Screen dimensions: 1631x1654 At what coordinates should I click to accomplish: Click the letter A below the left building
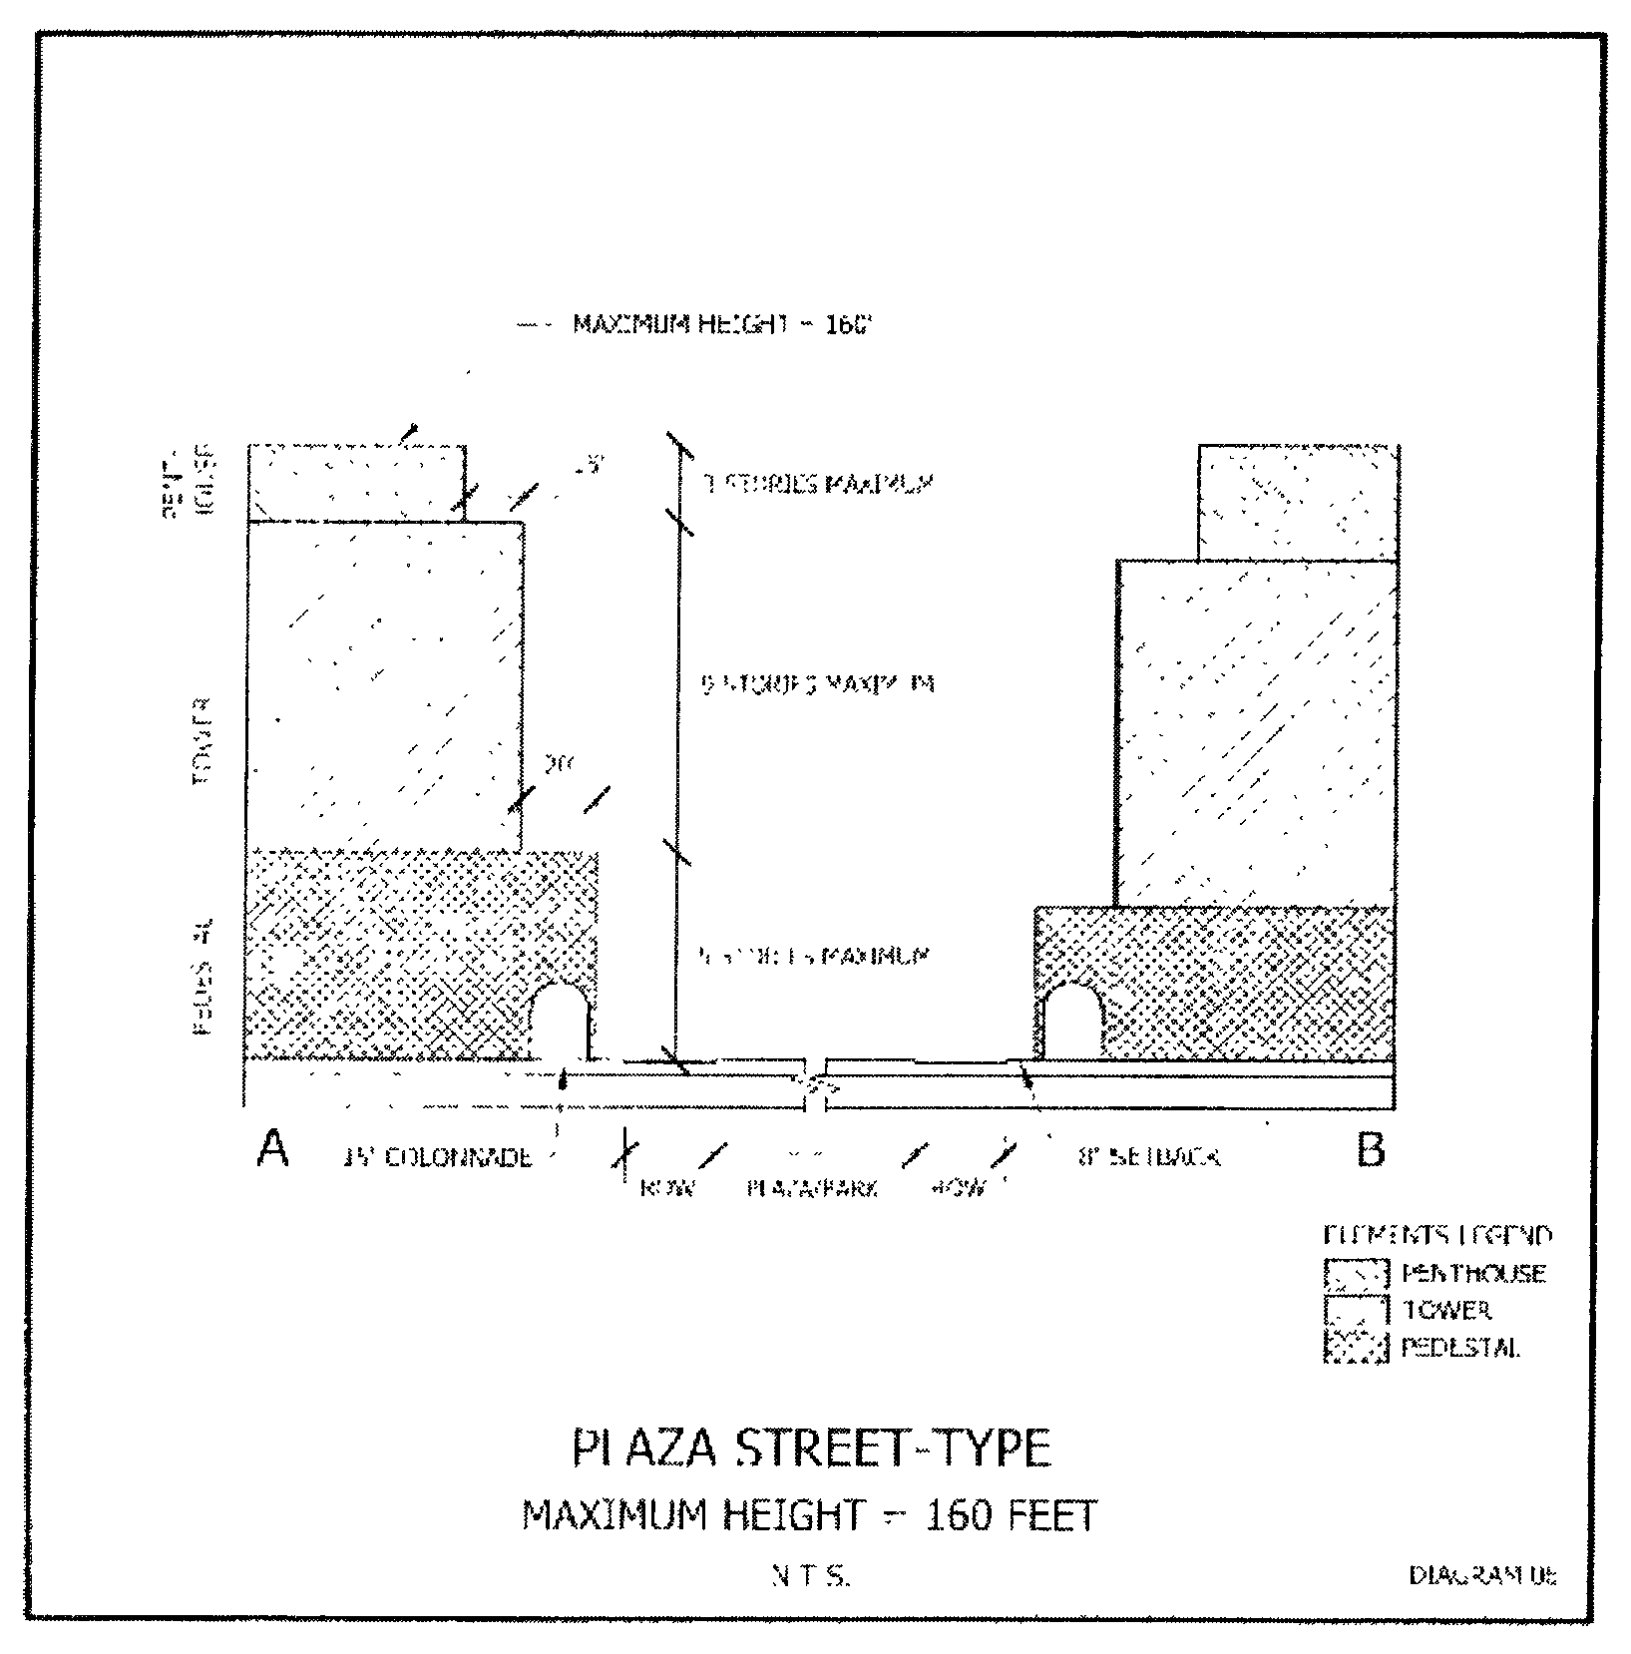[272, 1148]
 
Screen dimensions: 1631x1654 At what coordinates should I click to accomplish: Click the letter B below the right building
[1371, 1150]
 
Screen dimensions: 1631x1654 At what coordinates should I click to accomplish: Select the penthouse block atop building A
[356, 482]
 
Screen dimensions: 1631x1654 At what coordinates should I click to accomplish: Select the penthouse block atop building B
[1297, 502]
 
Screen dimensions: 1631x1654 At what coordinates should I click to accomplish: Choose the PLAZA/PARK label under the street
[812, 1189]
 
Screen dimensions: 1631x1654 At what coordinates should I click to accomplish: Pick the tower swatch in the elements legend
[1356, 1311]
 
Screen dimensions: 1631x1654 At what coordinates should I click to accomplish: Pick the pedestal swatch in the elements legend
[1356, 1348]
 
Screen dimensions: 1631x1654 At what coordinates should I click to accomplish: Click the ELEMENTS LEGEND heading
[1437, 1236]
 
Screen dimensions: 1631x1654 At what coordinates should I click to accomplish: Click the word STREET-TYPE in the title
[893, 1447]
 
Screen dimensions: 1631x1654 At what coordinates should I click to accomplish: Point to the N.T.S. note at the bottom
[810, 1576]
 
